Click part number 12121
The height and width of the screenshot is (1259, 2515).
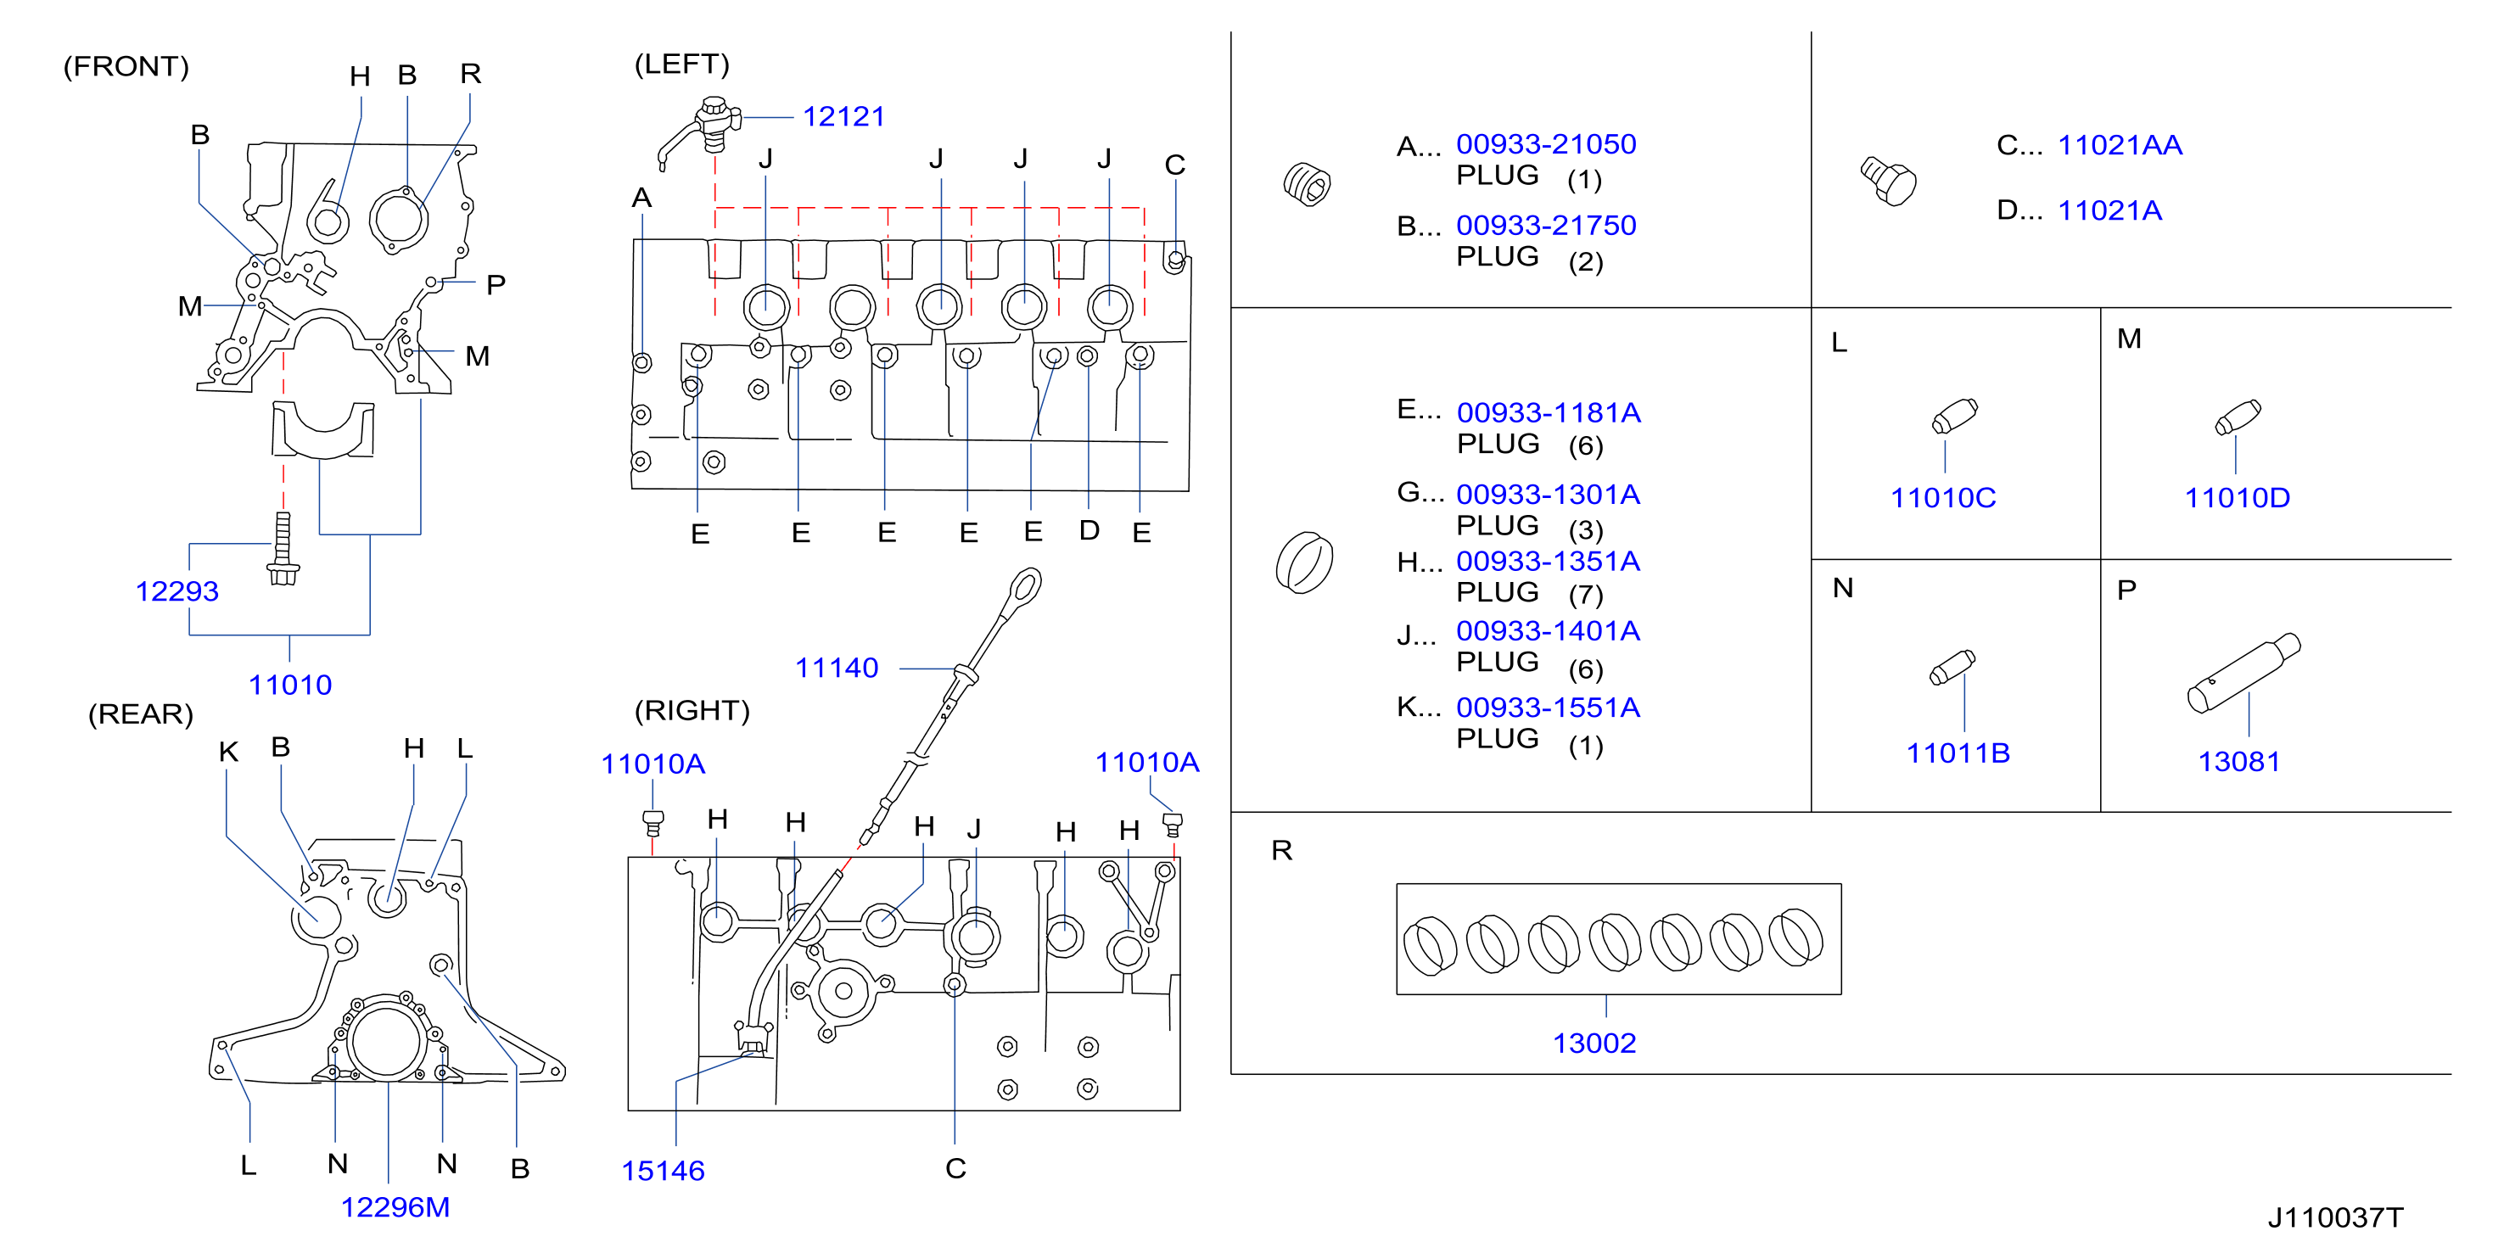pyautogui.click(x=843, y=117)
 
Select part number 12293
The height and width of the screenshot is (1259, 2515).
pyautogui.click(x=176, y=591)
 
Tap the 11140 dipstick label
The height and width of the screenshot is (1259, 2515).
pyautogui.click(x=837, y=668)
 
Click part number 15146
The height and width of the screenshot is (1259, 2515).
pyautogui.click(x=663, y=1170)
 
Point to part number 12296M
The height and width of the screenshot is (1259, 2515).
pyautogui.click(x=395, y=1207)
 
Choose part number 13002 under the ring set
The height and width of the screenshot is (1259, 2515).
pyautogui.click(x=1594, y=1044)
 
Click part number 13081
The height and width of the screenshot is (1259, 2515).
pyautogui.click(x=2238, y=761)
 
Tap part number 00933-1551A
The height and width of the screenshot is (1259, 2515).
pyautogui.click(x=1549, y=708)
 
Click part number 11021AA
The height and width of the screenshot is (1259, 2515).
pyautogui.click(x=2120, y=145)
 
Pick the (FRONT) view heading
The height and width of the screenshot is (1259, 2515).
pyautogui.click(x=126, y=66)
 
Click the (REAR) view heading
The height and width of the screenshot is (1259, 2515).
pyautogui.click(x=141, y=714)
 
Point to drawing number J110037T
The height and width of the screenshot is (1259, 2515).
pyautogui.click(x=2334, y=1217)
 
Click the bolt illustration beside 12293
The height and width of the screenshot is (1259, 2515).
pyautogui.click(x=283, y=549)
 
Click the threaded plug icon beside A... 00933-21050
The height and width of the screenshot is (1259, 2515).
pyautogui.click(x=1308, y=183)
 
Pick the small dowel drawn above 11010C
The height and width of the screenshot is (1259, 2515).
pyautogui.click(x=1955, y=416)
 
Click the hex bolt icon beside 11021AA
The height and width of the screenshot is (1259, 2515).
pyautogui.click(x=1888, y=181)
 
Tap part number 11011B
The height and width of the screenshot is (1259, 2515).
pyautogui.click(x=1958, y=753)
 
